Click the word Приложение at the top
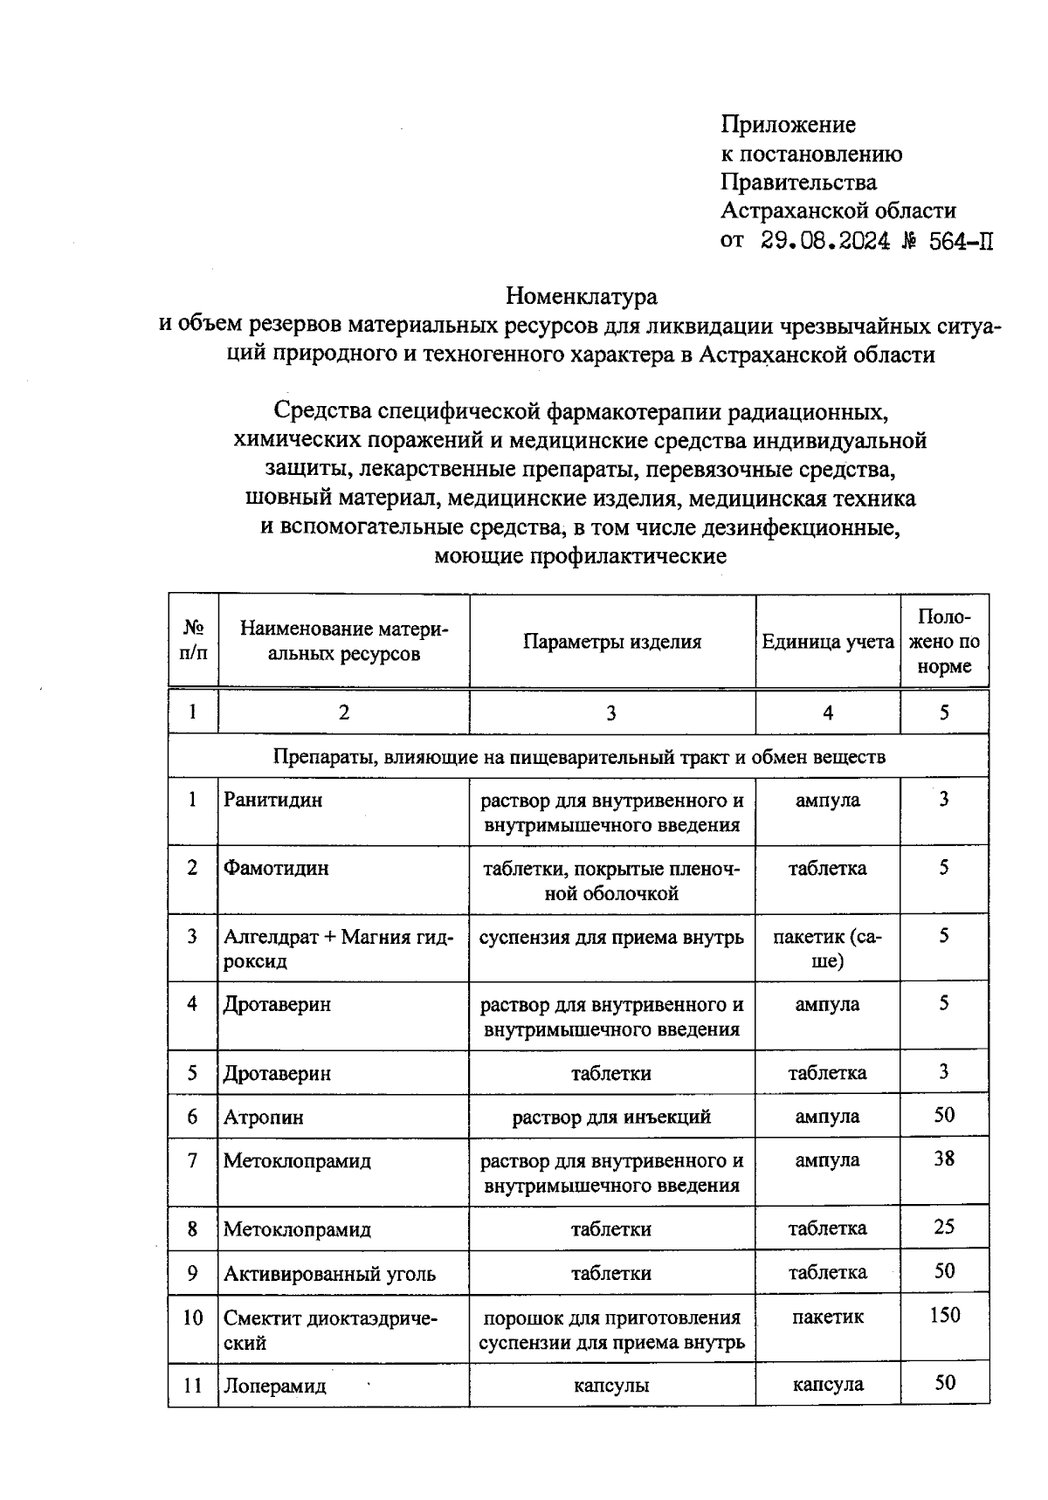point(788,125)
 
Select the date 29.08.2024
point(825,241)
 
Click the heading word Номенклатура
point(581,297)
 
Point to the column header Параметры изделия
point(611,642)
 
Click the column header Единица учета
point(827,642)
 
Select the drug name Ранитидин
point(272,800)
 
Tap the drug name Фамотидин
point(276,868)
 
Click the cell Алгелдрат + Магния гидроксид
point(338,948)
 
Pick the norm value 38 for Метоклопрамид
point(943,1159)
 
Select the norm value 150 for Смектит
point(944,1315)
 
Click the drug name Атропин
point(264,1117)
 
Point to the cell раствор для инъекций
point(611,1117)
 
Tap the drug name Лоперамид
point(274,1386)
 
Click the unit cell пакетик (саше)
point(827,948)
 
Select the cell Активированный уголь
point(329,1273)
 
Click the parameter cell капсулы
point(611,1386)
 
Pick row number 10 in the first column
point(192,1317)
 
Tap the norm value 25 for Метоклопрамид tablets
point(943,1227)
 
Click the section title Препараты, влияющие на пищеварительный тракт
point(578,756)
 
